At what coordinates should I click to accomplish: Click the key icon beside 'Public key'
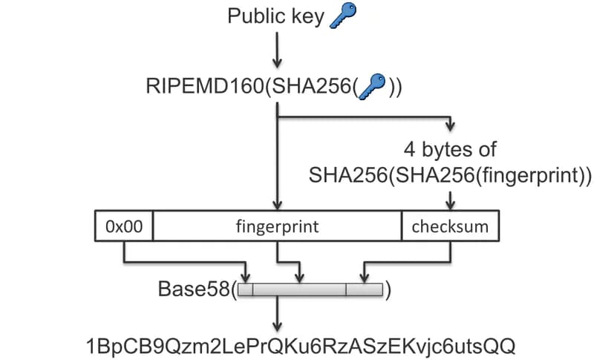coord(342,16)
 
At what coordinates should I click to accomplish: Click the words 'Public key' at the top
coord(276,16)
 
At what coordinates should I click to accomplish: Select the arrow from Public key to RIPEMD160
coord(277,51)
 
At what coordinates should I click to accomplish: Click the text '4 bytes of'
coord(449,148)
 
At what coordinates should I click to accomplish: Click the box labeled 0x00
coord(125,226)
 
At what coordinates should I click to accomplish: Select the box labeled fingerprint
coord(277,226)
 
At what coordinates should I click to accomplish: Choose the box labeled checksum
coord(450,226)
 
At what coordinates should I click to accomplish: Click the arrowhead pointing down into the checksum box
coord(450,205)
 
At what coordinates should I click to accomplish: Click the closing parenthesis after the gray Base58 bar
coord(388,289)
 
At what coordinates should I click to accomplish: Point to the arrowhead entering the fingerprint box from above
coord(277,205)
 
